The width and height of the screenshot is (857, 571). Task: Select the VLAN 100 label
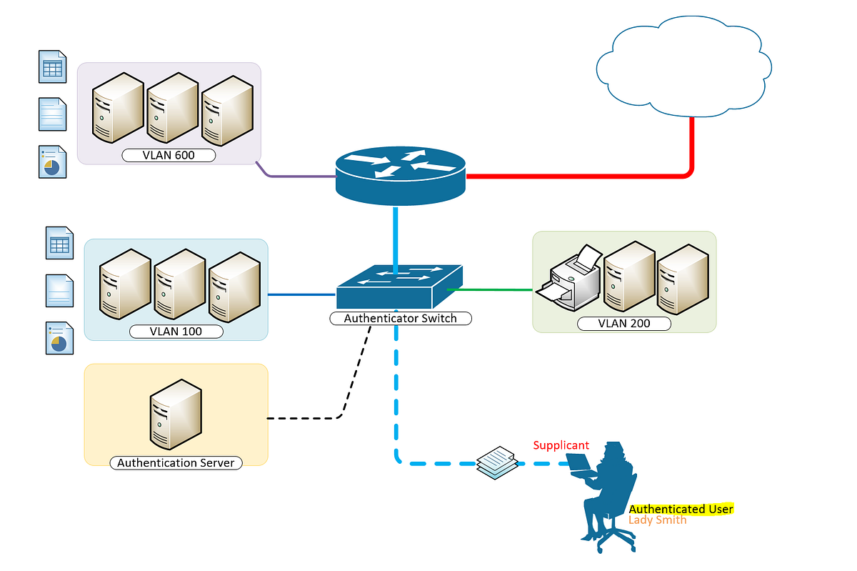(x=176, y=332)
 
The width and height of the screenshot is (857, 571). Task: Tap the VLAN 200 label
(x=624, y=324)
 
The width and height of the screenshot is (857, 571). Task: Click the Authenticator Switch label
(x=400, y=318)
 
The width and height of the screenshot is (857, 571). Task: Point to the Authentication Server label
(x=176, y=462)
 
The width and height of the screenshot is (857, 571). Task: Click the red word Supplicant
(x=561, y=445)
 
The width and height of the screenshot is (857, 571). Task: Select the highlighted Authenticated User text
(x=681, y=509)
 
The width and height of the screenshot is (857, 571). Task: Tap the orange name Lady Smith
(x=657, y=520)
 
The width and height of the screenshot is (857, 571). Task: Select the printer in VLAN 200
(x=571, y=279)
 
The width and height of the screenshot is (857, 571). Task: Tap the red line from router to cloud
(x=578, y=174)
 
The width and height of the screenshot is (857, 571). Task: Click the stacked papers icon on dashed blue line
(x=496, y=461)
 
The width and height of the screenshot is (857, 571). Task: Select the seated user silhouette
(x=607, y=493)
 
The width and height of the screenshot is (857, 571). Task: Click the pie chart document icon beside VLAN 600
(x=52, y=162)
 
